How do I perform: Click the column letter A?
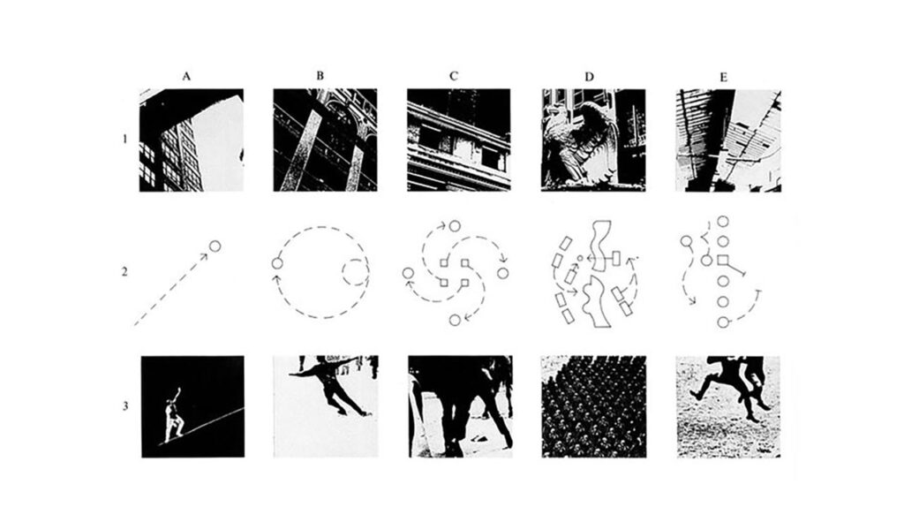click(x=186, y=76)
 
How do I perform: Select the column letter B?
click(x=320, y=76)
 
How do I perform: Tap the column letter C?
click(x=454, y=76)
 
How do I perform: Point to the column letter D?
click(x=589, y=77)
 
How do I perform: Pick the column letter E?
click(x=724, y=77)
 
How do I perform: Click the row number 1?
click(x=124, y=139)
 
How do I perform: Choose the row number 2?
click(x=124, y=271)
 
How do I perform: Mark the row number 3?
click(x=125, y=406)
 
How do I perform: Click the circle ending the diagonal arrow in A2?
click(x=215, y=246)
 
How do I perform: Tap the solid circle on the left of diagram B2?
click(x=276, y=263)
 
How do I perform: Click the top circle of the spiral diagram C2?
click(x=455, y=225)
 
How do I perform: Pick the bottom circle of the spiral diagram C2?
click(x=455, y=320)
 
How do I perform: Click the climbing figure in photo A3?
click(x=175, y=414)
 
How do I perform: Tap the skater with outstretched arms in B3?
click(x=328, y=384)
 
